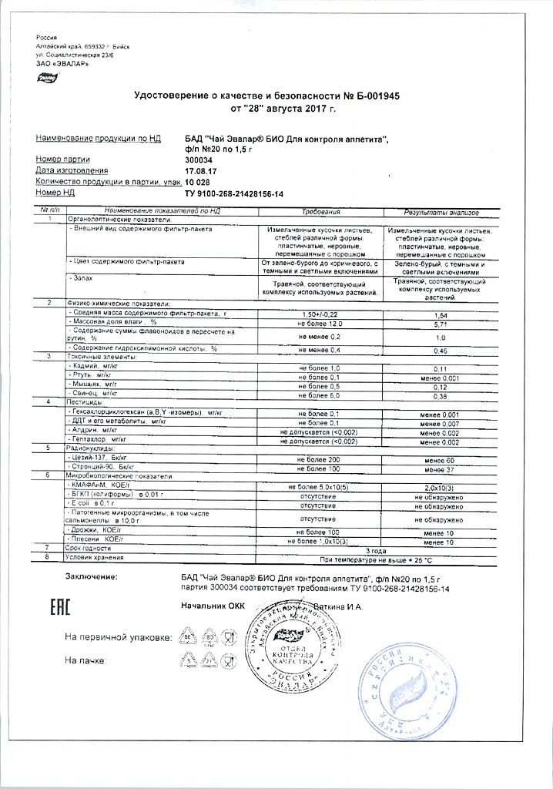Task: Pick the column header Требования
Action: (320, 210)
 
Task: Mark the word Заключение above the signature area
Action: (92, 576)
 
